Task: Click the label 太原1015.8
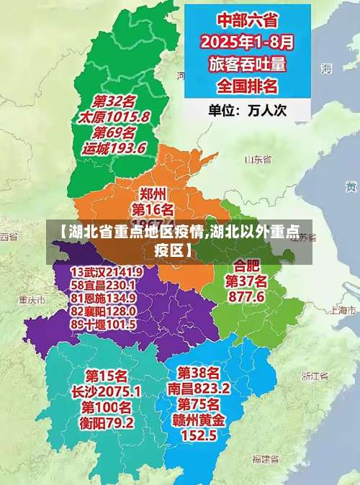tap(115, 117)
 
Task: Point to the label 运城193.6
tap(114, 148)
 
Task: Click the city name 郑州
tap(153, 193)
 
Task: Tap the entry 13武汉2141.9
tap(107, 271)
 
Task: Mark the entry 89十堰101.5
tap(104, 324)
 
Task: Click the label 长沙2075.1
tap(107, 392)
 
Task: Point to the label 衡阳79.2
tap(107, 423)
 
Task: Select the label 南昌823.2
tap(199, 388)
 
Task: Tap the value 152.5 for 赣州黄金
tap(199, 435)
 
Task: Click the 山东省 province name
tap(257, 160)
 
